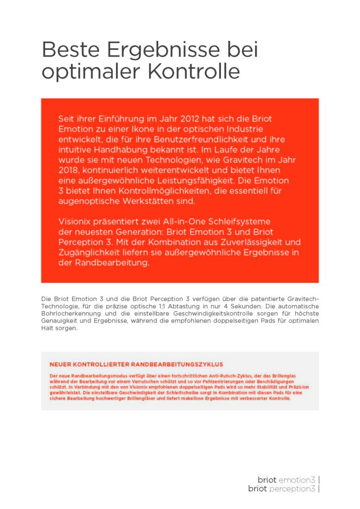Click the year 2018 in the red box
pyautogui.click(x=70, y=170)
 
